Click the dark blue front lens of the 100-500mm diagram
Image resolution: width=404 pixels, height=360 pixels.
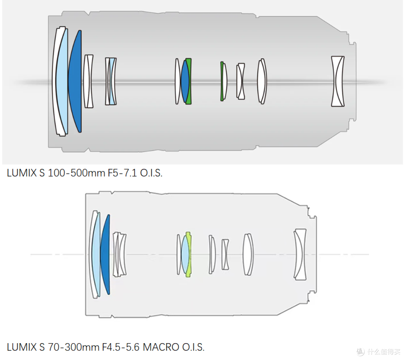(76, 82)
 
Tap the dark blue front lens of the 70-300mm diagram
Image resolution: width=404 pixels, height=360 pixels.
(105, 254)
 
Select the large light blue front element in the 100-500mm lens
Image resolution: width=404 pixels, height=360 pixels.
(62, 82)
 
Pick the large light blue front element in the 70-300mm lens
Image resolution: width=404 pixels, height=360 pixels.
(96, 254)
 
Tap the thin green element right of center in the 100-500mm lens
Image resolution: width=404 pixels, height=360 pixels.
(221, 82)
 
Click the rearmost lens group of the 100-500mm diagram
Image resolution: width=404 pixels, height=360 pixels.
(338, 82)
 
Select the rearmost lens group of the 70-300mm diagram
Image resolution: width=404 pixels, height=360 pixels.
(300, 254)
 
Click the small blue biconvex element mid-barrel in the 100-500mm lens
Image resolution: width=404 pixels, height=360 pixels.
(185, 82)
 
